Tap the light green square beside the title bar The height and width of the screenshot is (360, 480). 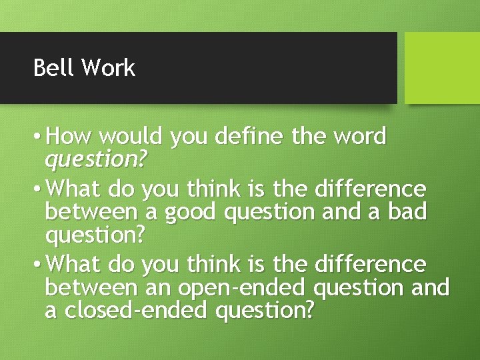(x=442, y=68)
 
